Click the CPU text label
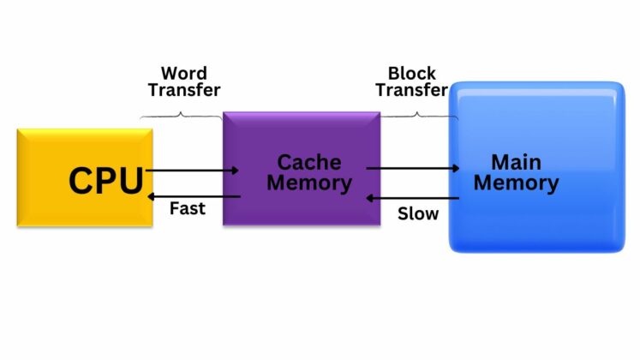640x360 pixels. tap(105, 182)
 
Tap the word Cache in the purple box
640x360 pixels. tap(308, 163)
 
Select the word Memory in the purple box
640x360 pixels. tap(308, 183)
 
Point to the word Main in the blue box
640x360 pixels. tap(516, 162)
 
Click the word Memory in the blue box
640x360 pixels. tap(516, 183)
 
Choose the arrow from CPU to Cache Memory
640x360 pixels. tap(193, 171)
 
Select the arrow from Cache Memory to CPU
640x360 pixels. tap(193, 196)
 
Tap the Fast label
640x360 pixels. tap(187, 208)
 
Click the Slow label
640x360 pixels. tap(417, 213)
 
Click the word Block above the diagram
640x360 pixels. tap(411, 73)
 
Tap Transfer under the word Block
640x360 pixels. tap(411, 89)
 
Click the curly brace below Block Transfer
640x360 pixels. tap(417, 113)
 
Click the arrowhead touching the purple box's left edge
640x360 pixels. tap(234, 171)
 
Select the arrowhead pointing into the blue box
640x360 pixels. tap(455, 169)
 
